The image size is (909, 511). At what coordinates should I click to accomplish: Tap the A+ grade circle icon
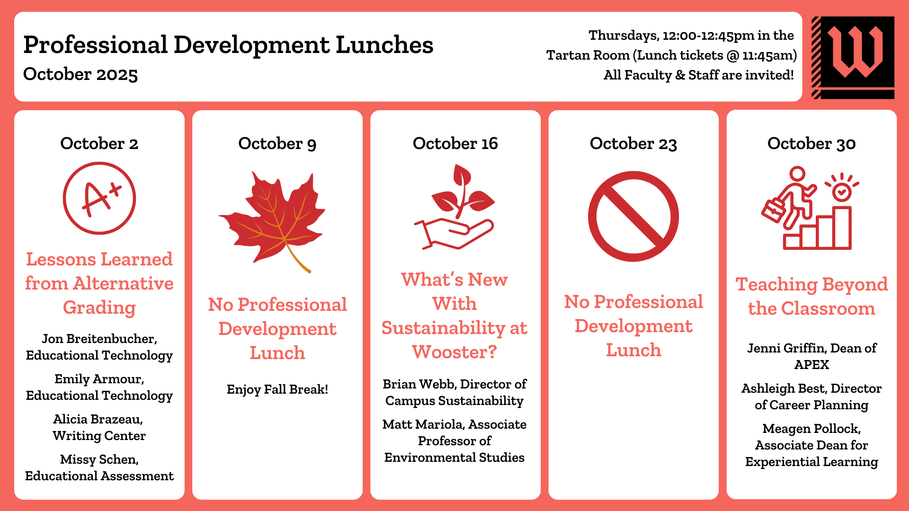click(99, 198)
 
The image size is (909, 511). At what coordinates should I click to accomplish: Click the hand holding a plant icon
click(454, 207)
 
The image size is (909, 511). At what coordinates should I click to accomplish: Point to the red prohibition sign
click(633, 216)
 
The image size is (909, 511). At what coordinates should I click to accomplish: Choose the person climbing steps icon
click(810, 208)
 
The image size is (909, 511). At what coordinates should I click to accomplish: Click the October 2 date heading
click(99, 143)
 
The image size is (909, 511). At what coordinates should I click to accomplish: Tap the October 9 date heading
click(277, 143)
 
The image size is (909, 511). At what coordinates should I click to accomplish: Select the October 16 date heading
click(455, 143)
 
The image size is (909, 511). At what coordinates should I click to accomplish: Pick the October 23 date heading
click(633, 143)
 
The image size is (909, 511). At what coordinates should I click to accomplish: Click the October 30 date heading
click(811, 143)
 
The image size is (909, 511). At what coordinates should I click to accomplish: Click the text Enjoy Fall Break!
click(277, 389)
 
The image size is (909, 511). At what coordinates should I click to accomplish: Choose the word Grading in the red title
click(99, 308)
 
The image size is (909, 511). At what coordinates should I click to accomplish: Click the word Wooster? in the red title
click(454, 352)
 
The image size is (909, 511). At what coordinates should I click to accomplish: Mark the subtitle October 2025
click(80, 74)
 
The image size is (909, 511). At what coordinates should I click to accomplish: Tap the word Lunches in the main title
click(384, 45)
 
